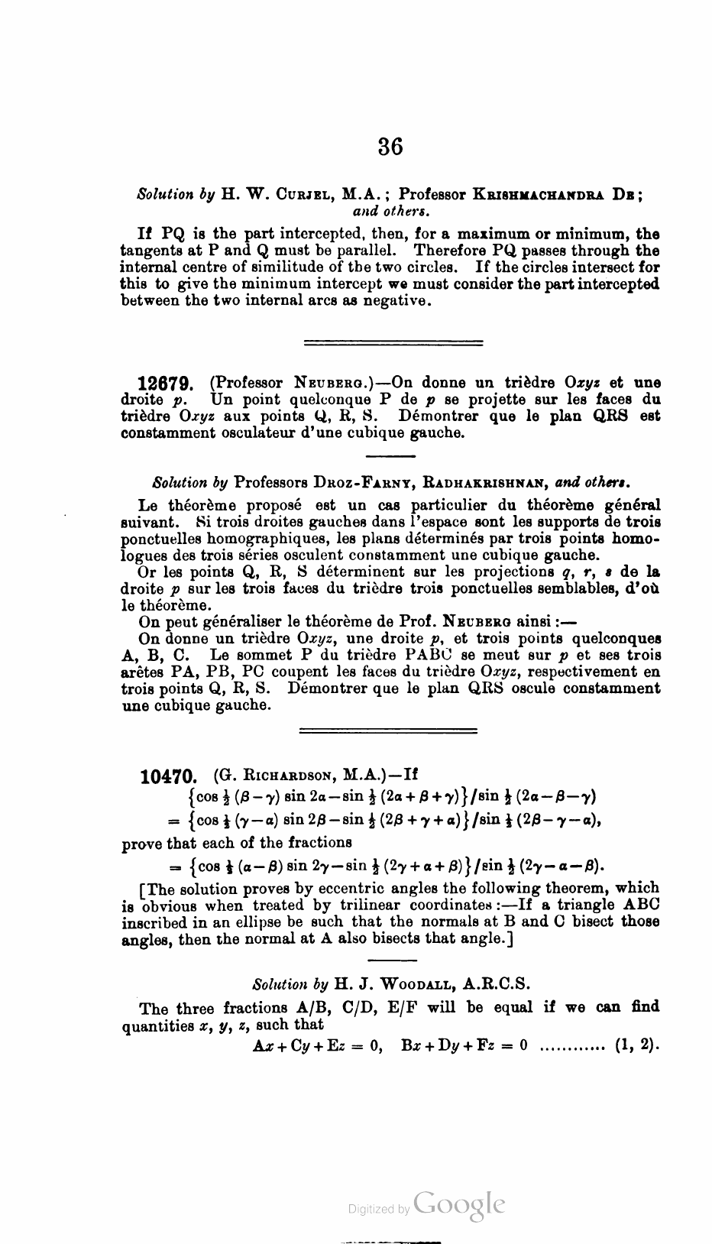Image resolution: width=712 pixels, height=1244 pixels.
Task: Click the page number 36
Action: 390,145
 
